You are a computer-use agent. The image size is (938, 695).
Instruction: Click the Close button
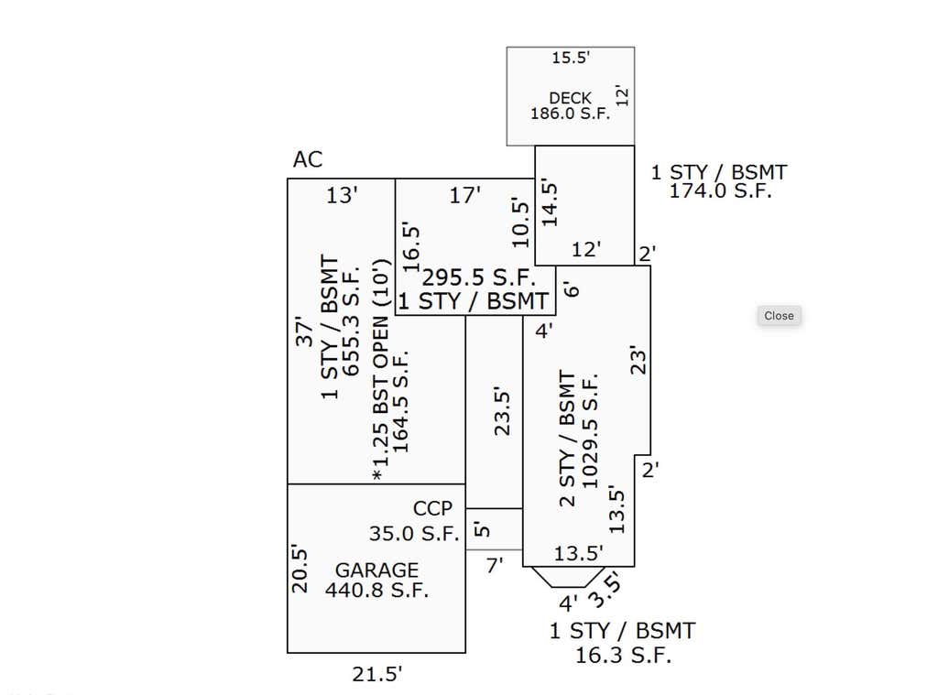pos(779,316)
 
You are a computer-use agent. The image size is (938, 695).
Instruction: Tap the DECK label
pos(570,97)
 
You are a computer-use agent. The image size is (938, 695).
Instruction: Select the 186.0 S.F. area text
pos(570,113)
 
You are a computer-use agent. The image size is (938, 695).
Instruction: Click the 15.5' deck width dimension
pos(571,58)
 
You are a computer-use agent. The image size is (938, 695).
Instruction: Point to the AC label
pos(308,159)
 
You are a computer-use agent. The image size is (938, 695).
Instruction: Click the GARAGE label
pos(376,570)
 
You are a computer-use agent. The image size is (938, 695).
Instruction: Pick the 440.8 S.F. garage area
pos(376,591)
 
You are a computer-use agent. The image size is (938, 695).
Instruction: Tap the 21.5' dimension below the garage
pos(376,674)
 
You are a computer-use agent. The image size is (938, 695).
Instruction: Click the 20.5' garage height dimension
pos(300,569)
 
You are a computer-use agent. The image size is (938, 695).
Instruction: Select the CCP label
pos(432,508)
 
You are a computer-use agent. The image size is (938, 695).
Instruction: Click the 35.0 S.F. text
pos(413,533)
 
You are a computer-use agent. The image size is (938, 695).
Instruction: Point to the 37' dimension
pos(304,331)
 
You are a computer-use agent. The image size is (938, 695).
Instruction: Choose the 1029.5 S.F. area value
pos(589,432)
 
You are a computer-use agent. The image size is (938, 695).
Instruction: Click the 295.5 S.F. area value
pos(478,277)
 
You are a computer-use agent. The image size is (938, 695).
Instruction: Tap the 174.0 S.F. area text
pos(720,190)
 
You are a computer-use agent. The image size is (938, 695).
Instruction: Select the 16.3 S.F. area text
pos(623,655)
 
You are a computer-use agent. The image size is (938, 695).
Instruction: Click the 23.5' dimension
pos(502,412)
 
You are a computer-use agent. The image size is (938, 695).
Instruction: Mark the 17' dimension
pos(464,195)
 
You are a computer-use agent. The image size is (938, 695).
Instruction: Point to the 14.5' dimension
pos(550,204)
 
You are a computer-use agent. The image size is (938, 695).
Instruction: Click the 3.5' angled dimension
pos(605,590)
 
